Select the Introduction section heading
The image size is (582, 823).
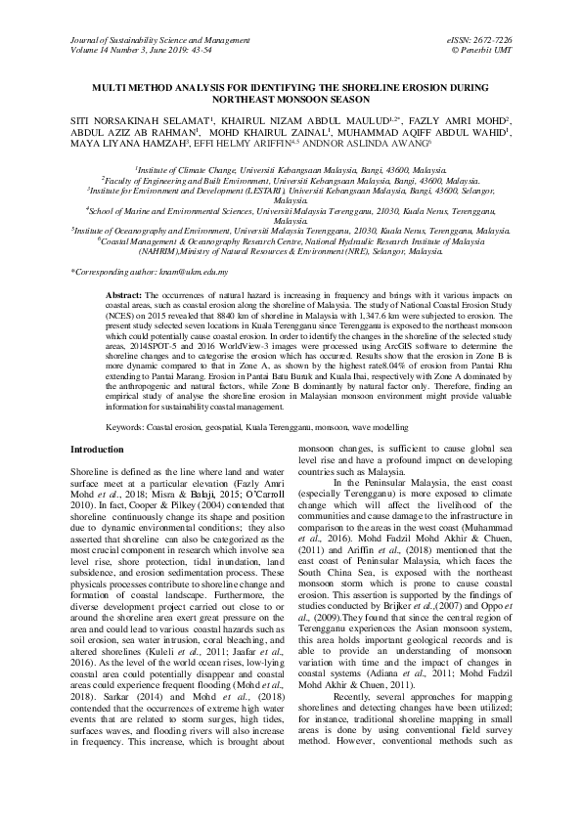click(x=98, y=449)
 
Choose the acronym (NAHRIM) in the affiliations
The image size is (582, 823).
click(x=195, y=251)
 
